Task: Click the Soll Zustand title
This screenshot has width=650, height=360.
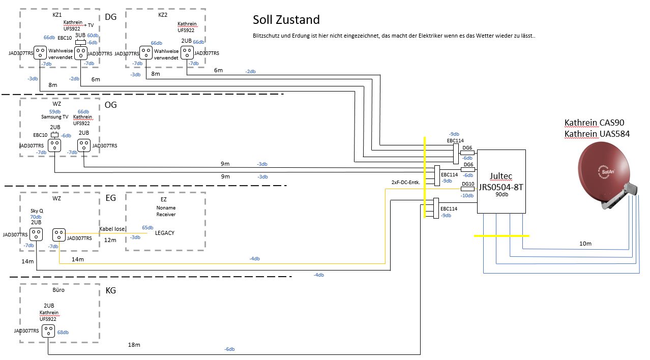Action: [x=286, y=20]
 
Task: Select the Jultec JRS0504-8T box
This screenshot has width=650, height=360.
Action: [x=501, y=182]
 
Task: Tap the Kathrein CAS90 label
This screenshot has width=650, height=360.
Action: [x=594, y=123]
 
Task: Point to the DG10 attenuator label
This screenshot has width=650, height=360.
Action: [x=467, y=184]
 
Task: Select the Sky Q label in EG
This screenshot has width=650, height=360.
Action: [x=36, y=210]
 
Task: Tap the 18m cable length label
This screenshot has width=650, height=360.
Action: [x=134, y=345]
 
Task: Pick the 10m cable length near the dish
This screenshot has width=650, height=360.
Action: [x=585, y=244]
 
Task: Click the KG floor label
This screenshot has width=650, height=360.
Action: [x=111, y=291]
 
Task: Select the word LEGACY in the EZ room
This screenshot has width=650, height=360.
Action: [x=165, y=232]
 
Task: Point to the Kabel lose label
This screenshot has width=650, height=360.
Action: [x=111, y=229]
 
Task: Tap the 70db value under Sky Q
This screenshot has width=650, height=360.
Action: [x=36, y=217]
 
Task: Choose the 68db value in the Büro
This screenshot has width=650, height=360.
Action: [x=63, y=332]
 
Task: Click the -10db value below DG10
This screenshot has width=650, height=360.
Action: [x=467, y=195]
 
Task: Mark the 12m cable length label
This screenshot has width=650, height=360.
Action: [x=110, y=239]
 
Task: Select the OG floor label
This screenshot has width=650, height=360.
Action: [x=111, y=105]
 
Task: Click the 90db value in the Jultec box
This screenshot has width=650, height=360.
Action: [x=501, y=195]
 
